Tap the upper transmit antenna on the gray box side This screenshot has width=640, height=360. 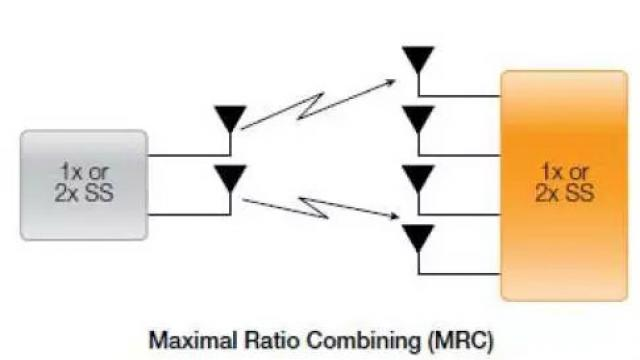click(x=231, y=118)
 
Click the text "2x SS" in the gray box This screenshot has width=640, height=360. click(x=84, y=193)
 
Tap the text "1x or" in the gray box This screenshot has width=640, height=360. click(x=84, y=171)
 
